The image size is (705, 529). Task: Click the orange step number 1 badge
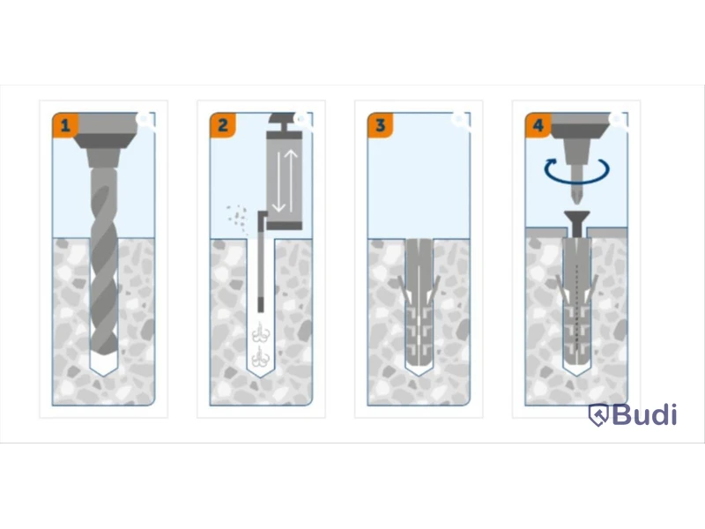coord(65,125)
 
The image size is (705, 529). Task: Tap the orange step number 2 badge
coord(223,125)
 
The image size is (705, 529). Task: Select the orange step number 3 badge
coord(381,125)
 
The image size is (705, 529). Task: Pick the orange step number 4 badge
coord(538,125)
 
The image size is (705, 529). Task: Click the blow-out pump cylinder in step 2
coord(284,180)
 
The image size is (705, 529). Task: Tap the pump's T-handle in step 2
coord(285,122)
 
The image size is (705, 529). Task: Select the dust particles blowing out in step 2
coord(236,217)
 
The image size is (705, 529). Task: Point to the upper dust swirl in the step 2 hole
coord(261,334)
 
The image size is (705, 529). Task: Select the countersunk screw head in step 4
coord(577,216)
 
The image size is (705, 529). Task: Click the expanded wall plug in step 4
coord(577,302)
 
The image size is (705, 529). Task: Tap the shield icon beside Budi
coord(598,414)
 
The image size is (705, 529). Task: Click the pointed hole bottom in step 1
coord(104,367)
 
